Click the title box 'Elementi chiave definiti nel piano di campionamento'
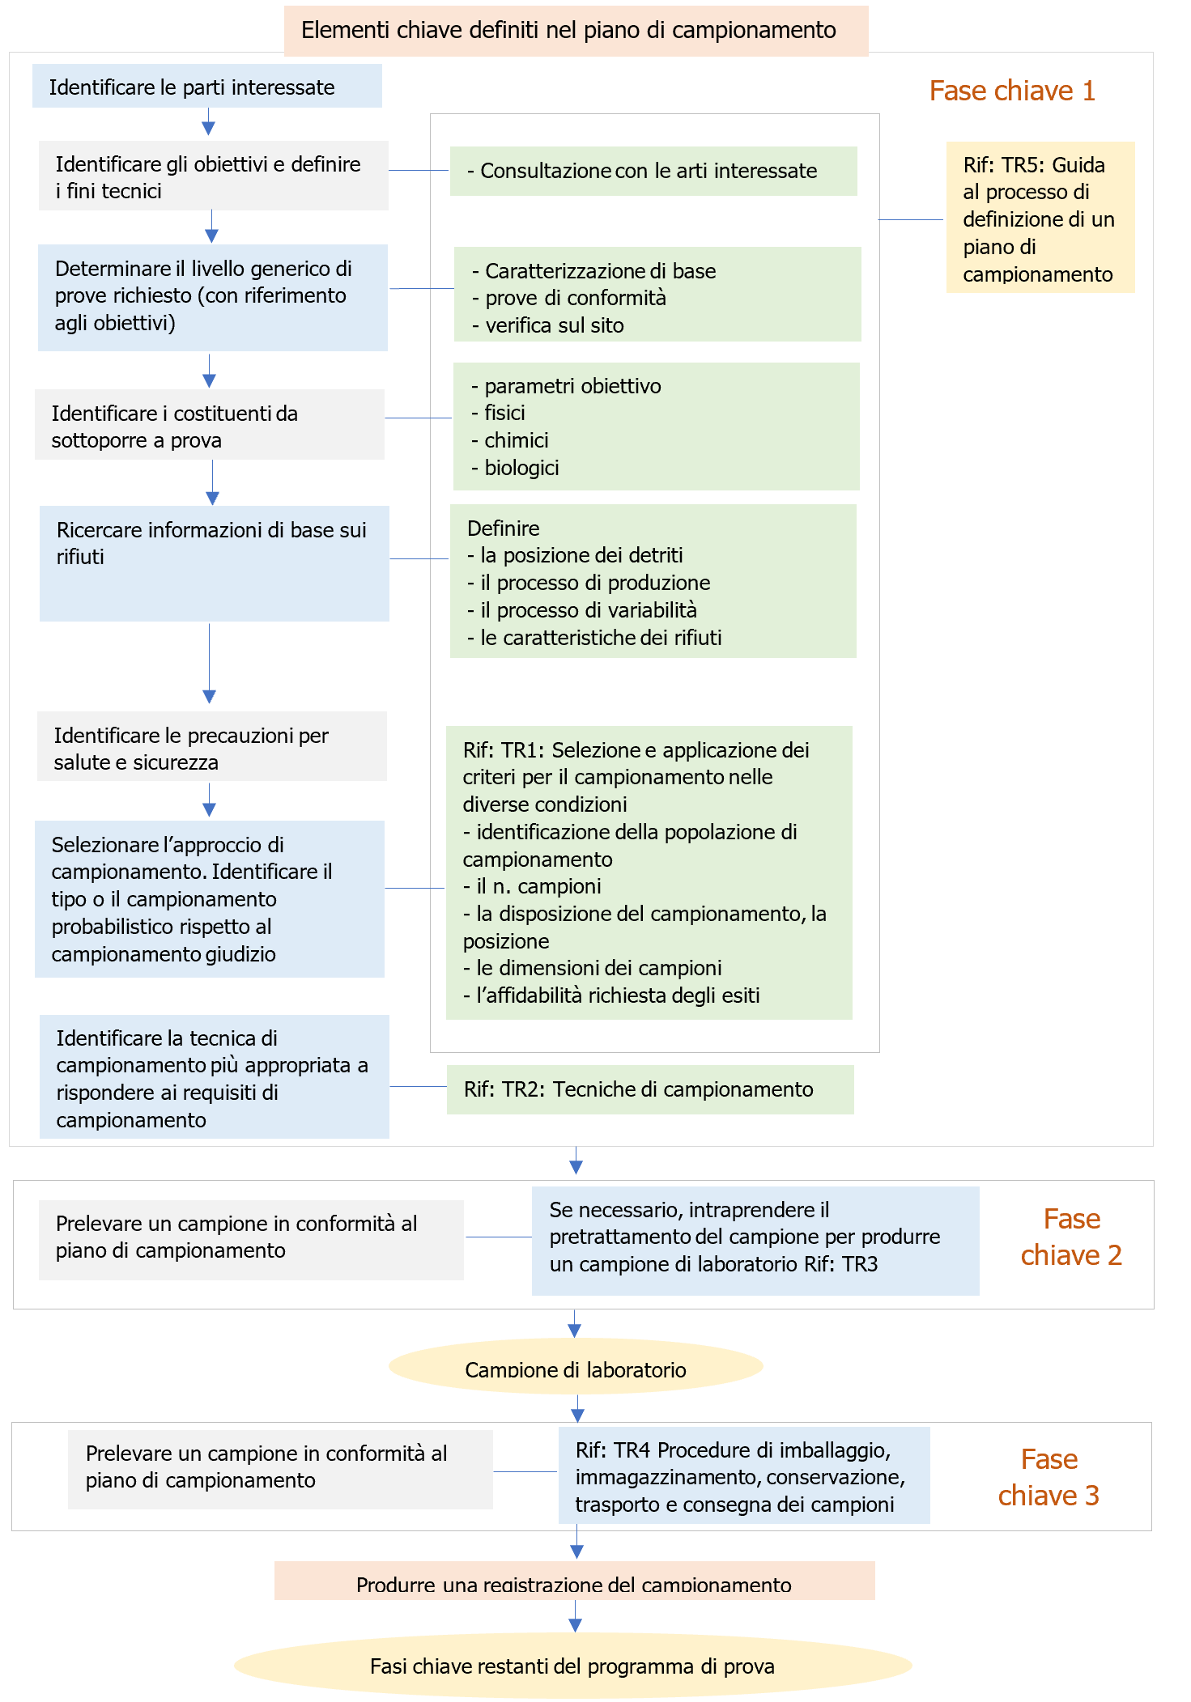(x=576, y=31)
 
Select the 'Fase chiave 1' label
(x=1011, y=91)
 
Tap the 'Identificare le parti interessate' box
(x=206, y=87)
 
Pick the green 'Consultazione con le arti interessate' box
(x=653, y=171)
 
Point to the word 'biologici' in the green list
(x=521, y=468)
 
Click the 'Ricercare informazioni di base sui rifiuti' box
(x=214, y=562)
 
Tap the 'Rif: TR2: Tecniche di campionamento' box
(x=649, y=1089)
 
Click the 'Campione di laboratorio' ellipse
(x=575, y=1367)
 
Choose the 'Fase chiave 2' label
(x=1070, y=1237)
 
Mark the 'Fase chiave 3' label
(x=1049, y=1477)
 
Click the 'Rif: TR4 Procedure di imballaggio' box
(x=743, y=1476)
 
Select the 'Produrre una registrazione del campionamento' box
(x=574, y=1581)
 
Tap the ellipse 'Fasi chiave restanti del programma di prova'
(x=572, y=1666)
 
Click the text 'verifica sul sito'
(x=555, y=325)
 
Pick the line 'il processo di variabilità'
(x=589, y=610)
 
